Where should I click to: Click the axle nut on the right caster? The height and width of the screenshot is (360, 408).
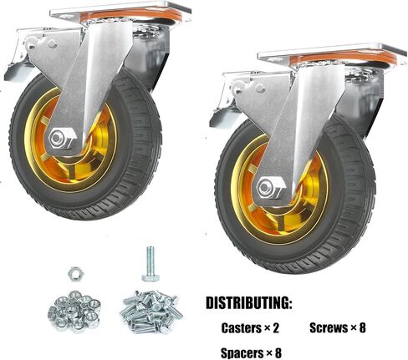tap(270, 188)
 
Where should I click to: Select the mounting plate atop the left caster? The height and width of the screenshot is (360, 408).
tap(120, 12)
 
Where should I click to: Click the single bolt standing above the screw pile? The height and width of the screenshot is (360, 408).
tap(150, 263)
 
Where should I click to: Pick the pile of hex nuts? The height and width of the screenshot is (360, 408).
tap(74, 311)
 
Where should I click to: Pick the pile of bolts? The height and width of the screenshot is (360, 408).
tap(151, 312)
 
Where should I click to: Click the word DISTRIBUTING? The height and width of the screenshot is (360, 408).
tap(249, 303)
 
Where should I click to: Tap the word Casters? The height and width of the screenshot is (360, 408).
tap(241, 328)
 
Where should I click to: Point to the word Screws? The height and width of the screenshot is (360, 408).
tap(328, 327)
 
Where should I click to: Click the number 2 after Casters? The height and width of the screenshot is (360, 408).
tap(276, 328)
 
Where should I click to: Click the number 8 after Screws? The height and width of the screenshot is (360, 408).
tap(362, 327)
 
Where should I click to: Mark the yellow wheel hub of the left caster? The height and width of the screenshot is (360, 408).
tap(70, 140)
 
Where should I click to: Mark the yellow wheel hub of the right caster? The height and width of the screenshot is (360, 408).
tap(279, 190)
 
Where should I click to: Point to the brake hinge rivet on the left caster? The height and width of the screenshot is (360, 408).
tap(52, 43)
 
